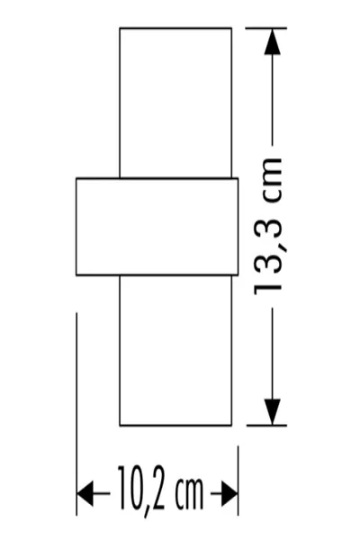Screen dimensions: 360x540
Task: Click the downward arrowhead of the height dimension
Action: point(272,412)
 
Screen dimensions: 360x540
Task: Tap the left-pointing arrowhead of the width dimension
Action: point(85,494)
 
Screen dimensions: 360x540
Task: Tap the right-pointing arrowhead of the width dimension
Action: point(229,494)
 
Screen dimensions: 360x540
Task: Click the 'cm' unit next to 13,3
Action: point(272,182)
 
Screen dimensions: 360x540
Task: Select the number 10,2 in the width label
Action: point(141,489)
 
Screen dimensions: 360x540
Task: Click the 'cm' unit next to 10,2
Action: point(190,493)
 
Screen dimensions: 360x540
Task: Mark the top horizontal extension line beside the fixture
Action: point(266,28)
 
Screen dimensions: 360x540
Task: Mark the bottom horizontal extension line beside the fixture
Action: point(266,426)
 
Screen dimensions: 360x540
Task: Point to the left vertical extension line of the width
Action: point(76,414)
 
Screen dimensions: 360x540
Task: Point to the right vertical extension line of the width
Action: point(238,481)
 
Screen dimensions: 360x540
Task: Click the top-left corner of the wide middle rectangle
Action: point(76,178)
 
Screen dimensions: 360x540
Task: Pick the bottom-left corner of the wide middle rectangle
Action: point(76,275)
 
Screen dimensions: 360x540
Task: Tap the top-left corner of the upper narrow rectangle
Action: point(120,28)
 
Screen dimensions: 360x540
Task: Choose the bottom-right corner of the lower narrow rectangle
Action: point(231,426)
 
